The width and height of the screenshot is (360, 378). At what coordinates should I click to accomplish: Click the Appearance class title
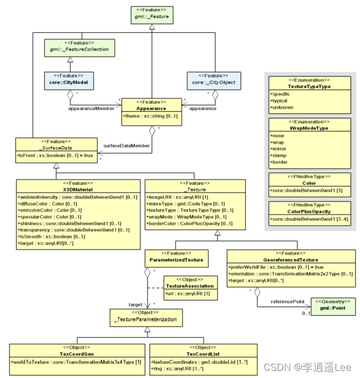pos(150,109)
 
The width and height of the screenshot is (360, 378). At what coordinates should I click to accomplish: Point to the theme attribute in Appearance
pos(150,116)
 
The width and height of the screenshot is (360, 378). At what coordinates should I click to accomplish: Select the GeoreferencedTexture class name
pos(291,260)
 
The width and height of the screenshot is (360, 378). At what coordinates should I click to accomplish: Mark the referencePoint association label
pos(285,302)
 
